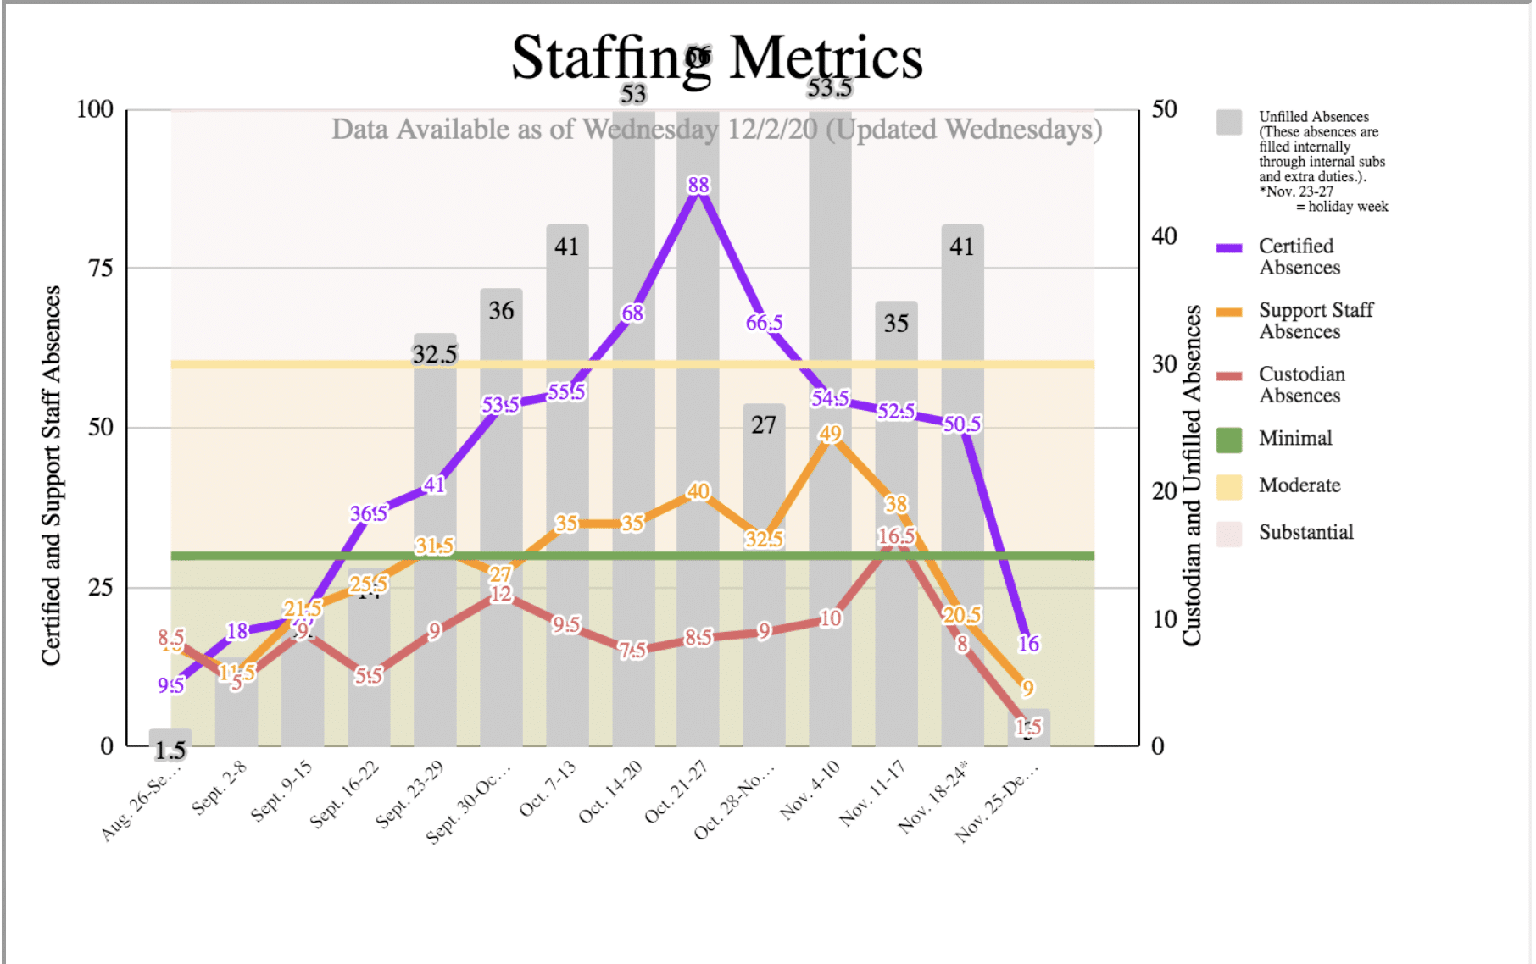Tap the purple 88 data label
pos(698,186)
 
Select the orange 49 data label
pos(830,434)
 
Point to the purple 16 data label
pos(1028,644)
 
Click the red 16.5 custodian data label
pos(896,536)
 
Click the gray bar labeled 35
pos(896,381)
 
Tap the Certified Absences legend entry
pos(1299,257)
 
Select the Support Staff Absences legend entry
pos(1315,321)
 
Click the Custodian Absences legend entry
pos(1301,385)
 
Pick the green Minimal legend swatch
pos(1228,439)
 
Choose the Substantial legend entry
pos(1305,532)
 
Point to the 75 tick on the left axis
pos(101,269)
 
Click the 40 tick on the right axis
pos(1164,236)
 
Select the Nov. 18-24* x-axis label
pos(932,796)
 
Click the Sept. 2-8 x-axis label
pos(219,788)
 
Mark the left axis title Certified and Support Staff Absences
pos(52,474)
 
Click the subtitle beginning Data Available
pos(716,130)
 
